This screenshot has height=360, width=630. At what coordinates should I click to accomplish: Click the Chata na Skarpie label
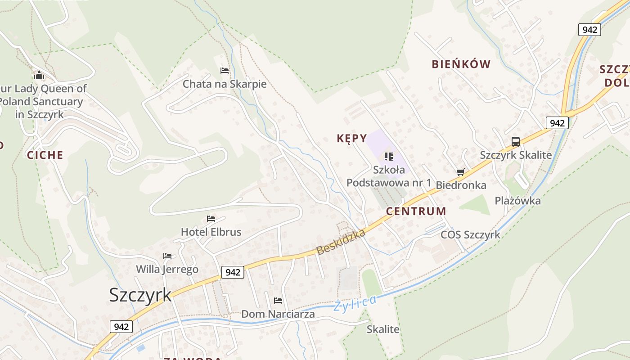(225, 84)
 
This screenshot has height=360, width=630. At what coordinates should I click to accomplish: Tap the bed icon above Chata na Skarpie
(225, 71)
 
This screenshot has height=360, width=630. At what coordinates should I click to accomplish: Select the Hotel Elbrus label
(211, 232)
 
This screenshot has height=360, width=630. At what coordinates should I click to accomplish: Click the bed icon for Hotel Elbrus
(211, 219)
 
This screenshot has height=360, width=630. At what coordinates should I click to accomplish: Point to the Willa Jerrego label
(167, 270)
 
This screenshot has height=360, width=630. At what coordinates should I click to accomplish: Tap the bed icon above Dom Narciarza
(278, 300)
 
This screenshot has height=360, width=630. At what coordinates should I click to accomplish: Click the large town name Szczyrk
(140, 295)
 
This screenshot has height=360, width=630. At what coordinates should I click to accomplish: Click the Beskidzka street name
(340, 239)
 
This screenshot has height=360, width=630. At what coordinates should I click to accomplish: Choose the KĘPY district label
(352, 138)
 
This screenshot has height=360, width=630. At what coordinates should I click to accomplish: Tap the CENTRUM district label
(416, 211)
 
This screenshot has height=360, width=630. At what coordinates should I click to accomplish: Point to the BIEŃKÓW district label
(461, 64)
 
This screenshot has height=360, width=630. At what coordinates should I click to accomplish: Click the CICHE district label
(45, 155)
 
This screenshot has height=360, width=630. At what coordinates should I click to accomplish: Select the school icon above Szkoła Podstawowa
(389, 157)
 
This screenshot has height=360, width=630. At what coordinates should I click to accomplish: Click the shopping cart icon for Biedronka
(460, 172)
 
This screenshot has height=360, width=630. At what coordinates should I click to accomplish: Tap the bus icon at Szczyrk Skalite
(516, 142)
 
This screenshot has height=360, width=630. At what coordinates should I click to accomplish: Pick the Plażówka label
(518, 201)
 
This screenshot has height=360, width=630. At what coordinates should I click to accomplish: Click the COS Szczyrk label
(470, 234)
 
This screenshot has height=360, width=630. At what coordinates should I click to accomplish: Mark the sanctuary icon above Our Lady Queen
(39, 75)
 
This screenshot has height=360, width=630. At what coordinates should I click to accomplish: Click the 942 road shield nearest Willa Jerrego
(233, 272)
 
